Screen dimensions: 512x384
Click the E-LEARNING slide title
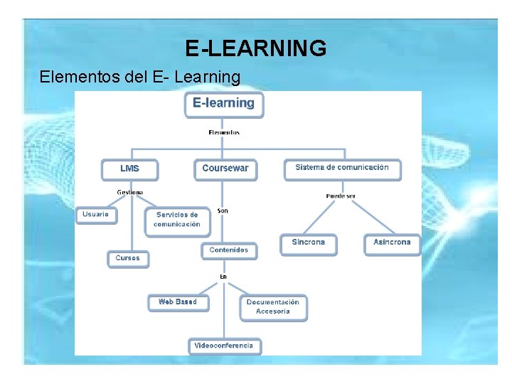click(256, 48)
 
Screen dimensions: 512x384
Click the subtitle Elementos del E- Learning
click(140, 76)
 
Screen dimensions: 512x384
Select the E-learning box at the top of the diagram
click(224, 104)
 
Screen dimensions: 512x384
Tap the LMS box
click(129, 169)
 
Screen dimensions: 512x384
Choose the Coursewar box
click(225, 169)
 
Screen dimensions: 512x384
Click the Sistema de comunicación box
click(342, 169)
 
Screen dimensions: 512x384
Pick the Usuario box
click(96, 214)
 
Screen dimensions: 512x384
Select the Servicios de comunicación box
click(177, 220)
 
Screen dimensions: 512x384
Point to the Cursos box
click(128, 258)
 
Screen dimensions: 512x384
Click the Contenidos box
click(229, 250)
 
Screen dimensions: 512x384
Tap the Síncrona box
click(308, 243)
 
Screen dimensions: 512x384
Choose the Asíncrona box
click(392, 243)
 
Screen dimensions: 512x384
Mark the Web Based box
click(178, 302)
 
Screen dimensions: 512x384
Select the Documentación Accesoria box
click(273, 306)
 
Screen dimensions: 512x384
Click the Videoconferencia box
click(224, 346)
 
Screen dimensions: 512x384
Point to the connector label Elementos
click(224, 132)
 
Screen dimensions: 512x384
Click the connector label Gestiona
click(130, 193)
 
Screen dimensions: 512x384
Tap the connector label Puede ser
click(341, 196)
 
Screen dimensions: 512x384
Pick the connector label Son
click(223, 210)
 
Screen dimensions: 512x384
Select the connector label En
click(223, 276)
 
